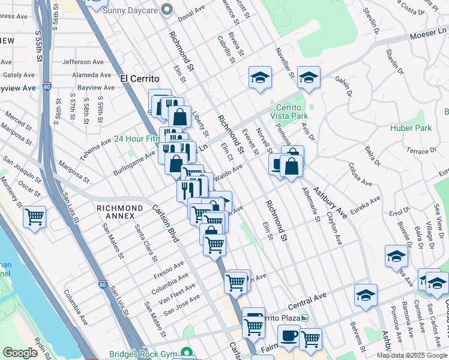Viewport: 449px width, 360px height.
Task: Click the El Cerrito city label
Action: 140,79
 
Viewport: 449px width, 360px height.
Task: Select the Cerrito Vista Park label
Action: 289,111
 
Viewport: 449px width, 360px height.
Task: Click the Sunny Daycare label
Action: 130,10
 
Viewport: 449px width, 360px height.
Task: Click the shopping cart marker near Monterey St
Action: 34,216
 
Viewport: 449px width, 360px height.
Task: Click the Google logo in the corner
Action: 20,353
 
